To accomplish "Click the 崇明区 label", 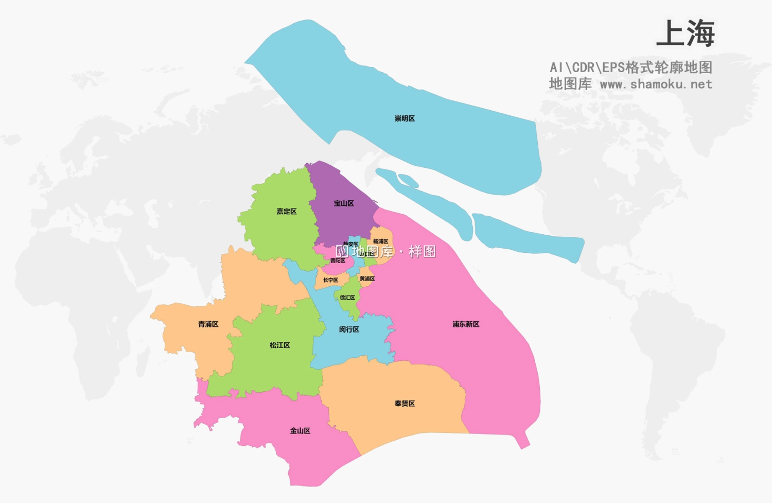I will [405, 118].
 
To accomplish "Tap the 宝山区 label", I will [344, 203].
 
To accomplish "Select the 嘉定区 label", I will [287, 212].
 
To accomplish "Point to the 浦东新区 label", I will [466, 324].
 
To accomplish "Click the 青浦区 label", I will [208, 324].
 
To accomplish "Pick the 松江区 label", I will [280, 345].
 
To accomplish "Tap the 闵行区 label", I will [349, 329].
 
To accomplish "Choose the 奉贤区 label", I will [405, 404].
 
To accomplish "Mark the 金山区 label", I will [300, 431].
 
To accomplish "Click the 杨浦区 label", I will [381, 241].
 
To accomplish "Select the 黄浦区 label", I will [367, 279].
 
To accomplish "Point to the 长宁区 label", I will [330, 281].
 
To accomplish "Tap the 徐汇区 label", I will [347, 298].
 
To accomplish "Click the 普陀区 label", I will [338, 261].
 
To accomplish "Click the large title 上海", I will [686, 34].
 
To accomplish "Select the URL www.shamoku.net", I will [656, 84].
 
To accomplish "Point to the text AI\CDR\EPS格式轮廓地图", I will [631, 67].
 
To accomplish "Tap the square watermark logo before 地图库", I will [342, 251].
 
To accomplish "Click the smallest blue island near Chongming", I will [408, 180].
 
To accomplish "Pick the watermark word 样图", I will [422, 252].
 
